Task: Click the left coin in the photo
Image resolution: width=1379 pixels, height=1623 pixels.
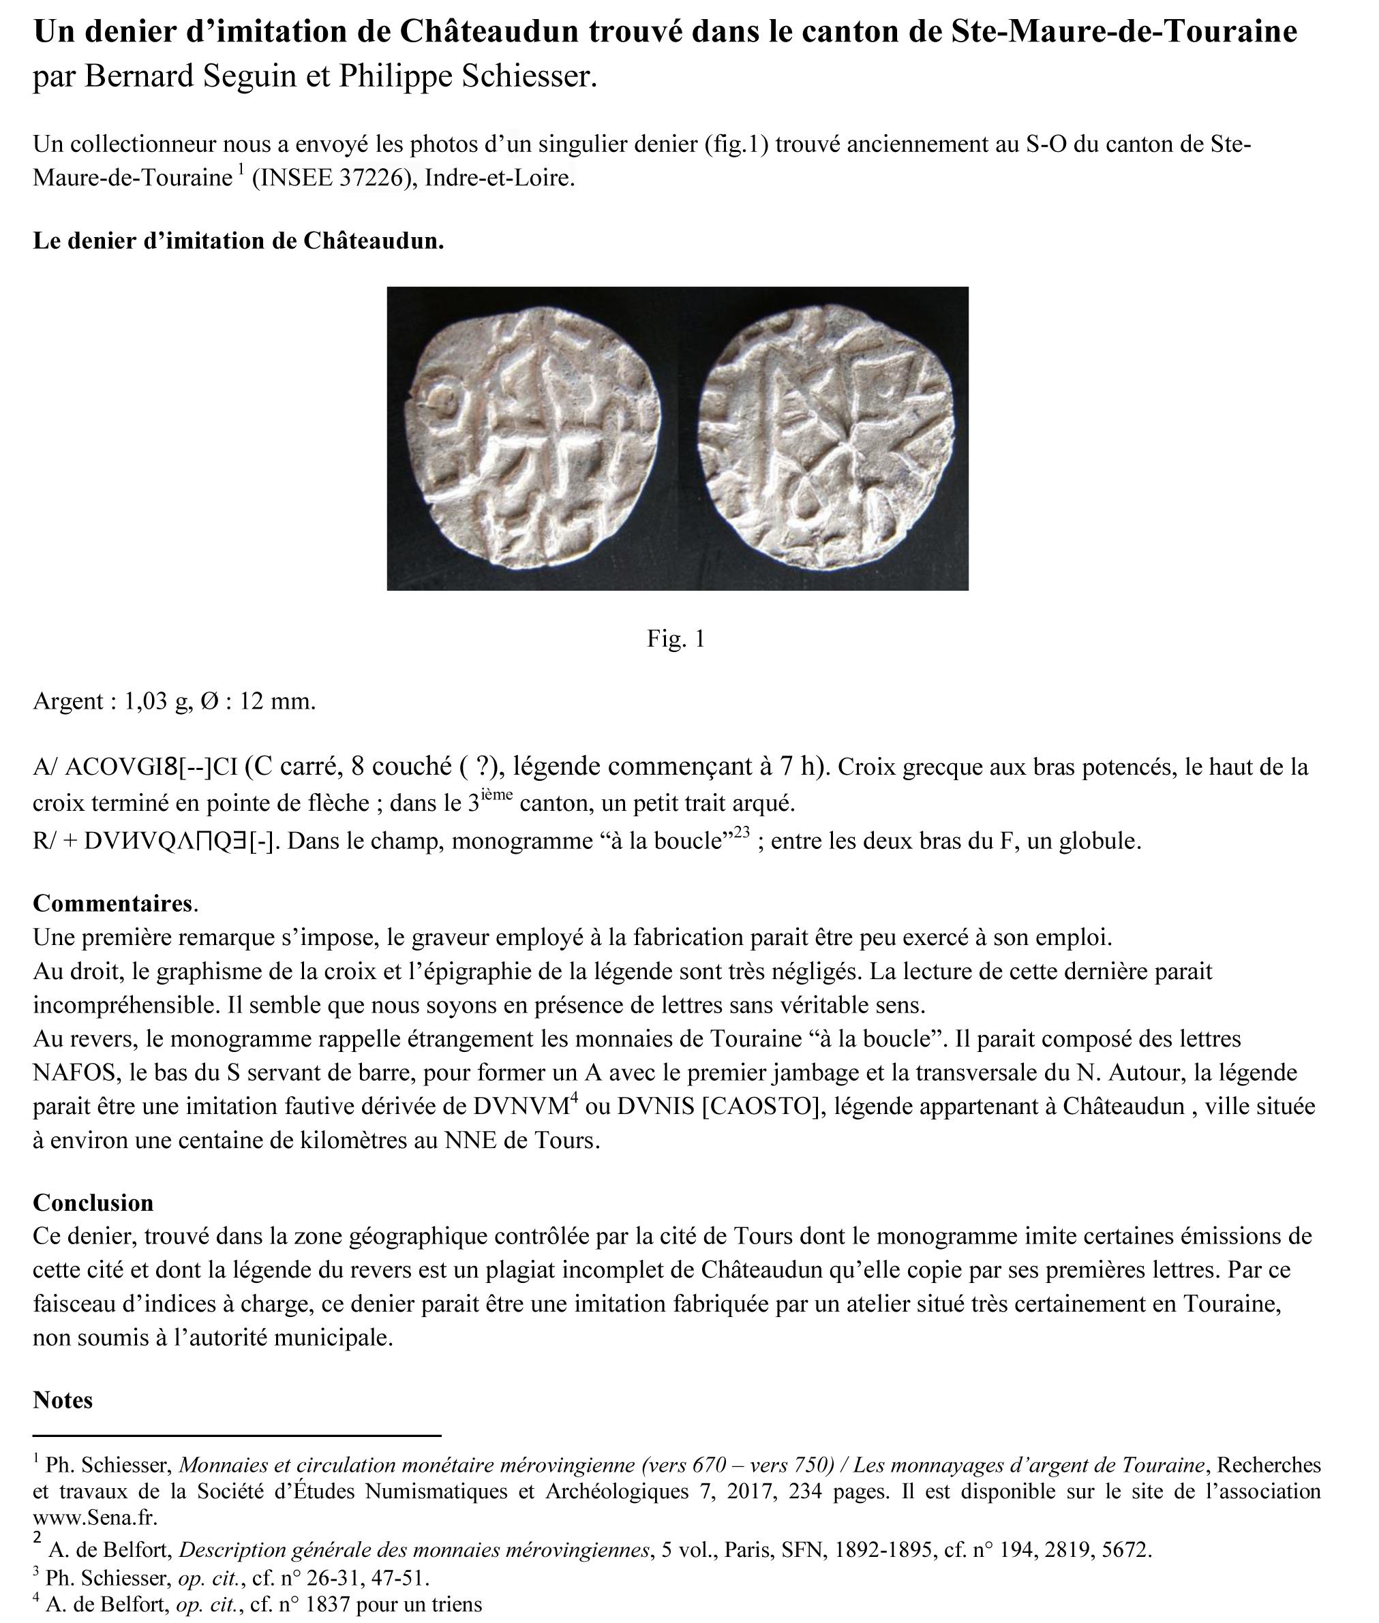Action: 534,437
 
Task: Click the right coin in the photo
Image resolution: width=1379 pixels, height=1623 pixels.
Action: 826,437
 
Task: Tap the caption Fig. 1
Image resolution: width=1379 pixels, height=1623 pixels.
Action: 676,639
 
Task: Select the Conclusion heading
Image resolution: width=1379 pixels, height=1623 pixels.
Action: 93,1203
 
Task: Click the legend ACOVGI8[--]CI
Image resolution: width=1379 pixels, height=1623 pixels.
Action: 151,767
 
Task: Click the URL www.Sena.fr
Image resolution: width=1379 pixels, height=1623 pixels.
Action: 95,1517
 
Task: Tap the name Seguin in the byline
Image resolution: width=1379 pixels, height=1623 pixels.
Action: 254,76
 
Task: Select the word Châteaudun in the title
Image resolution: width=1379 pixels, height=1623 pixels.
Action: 489,31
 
